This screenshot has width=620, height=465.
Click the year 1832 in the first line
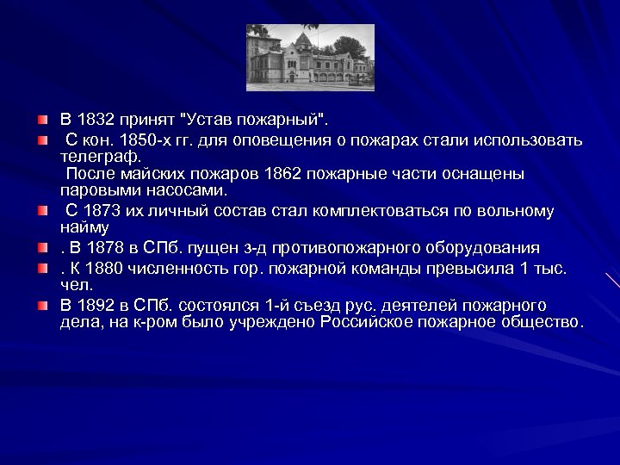click(x=95, y=117)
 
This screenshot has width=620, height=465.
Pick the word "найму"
click(x=84, y=228)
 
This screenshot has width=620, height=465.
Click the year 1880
click(x=105, y=268)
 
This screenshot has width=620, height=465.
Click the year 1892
click(x=95, y=306)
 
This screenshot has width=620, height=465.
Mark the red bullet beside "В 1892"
click(x=42, y=306)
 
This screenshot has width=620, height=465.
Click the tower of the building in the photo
click(x=302, y=41)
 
